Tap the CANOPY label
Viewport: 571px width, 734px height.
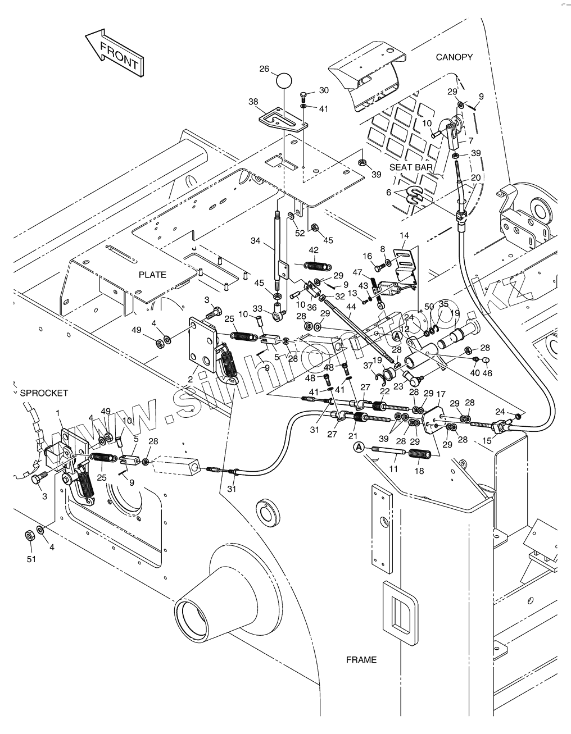pos(454,57)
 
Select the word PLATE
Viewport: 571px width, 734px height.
pos(152,275)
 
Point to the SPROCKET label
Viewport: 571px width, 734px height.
pos(44,393)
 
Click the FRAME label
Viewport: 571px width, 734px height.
pos(361,659)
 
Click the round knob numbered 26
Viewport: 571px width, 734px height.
pos(284,80)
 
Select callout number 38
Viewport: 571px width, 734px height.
pos(253,102)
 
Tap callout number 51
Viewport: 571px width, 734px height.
pos(31,559)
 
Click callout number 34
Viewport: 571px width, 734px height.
pos(255,241)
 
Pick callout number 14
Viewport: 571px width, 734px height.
pos(405,235)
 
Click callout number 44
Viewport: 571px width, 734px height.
pos(351,307)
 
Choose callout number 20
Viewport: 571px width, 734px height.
pos(475,177)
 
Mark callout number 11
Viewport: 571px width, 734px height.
pos(393,467)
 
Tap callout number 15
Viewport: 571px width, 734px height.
pos(487,441)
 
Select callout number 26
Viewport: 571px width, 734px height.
pos(264,69)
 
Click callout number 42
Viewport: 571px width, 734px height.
pos(314,250)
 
